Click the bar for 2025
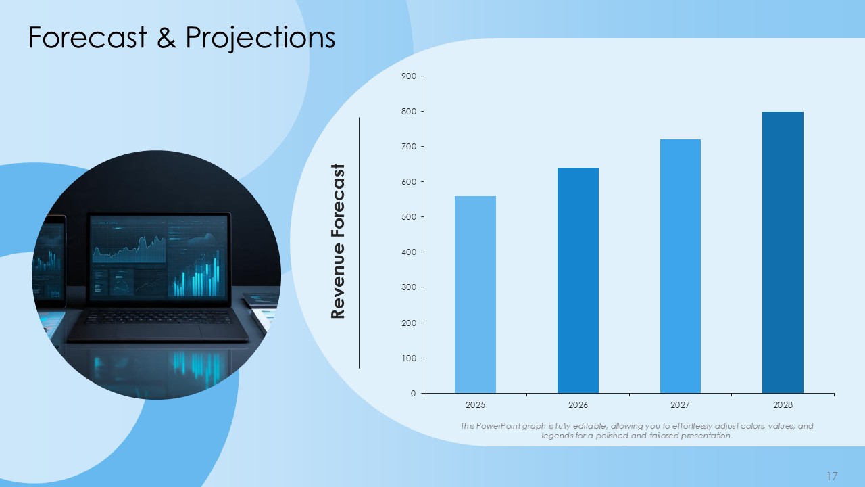pos(475,294)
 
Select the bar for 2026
pos(578,281)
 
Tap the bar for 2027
pos(680,266)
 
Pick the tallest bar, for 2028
pos(783,252)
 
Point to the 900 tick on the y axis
pos(409,76)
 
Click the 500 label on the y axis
pos(409,217)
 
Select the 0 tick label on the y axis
pos(413,394)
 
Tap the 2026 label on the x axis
pos(578,405)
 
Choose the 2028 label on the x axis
pos(783,405)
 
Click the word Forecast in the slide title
pos(88,37)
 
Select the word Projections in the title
pos(260,39)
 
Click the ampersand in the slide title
pos(166,37)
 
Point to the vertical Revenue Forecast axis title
pos(337,241)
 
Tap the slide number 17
pos(832,476)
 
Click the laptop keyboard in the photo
pos(158,317)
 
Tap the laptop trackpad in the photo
pos(158,331)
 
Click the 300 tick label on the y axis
pos(409,287)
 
